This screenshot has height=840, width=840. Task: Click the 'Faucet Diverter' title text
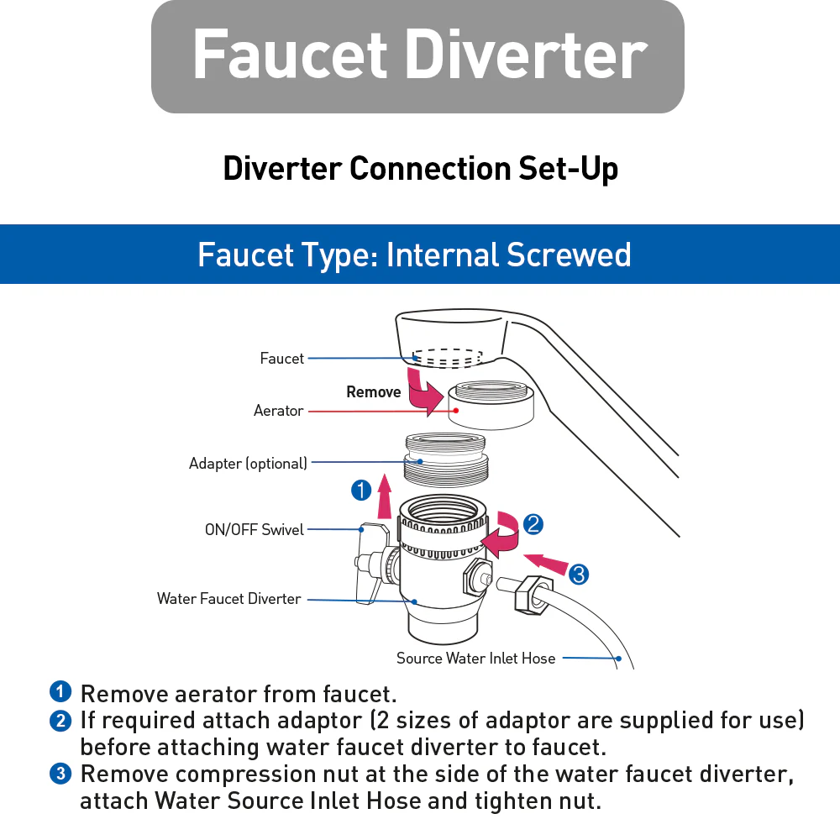point(418,55)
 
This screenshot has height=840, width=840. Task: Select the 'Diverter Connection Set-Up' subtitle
point(420,169)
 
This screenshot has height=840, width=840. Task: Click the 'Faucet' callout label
point(281,359)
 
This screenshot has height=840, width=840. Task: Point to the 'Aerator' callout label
point(278,411)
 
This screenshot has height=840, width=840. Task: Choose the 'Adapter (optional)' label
point(248,463)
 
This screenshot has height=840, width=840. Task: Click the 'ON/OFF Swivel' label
point(255,530)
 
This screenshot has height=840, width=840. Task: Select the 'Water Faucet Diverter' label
point(228,599)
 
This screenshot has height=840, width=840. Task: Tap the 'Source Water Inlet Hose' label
point(475,659)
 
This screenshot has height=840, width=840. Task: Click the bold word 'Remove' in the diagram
point(373,392)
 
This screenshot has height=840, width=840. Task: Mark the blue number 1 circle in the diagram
point(361,491)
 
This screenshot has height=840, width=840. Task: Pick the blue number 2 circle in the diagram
point(533,525)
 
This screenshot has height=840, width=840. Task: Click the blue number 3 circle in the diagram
point(578,575)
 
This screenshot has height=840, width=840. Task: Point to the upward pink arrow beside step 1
point(385,497)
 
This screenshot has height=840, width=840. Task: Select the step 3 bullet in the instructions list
point(60,774)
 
